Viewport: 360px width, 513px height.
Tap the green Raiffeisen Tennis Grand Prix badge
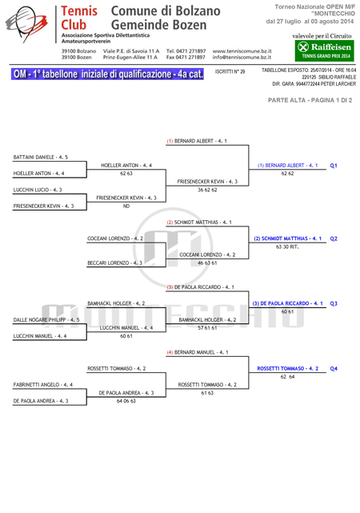[x=324, y=50]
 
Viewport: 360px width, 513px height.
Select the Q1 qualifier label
[x=334, y=166]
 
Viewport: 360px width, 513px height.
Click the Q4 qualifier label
[x=334, y=369]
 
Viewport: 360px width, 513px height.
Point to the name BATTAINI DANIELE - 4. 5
[x=41, y=158]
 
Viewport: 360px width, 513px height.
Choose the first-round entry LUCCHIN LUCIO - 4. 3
[x=38, y=190]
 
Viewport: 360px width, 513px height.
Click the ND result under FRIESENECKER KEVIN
[x=126, y=206]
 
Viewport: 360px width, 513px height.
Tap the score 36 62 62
[x=207, y=190]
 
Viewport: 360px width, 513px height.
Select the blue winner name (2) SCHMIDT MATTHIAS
[x=288, y=238]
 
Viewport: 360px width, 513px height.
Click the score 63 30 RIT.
[x=287, y=246]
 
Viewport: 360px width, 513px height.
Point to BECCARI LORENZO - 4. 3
[x=114, y=263]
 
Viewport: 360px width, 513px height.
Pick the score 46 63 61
[x=207, y=263]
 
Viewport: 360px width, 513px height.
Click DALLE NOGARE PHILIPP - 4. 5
[x=46, y=319]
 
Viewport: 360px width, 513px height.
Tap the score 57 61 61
[x=207, y=328]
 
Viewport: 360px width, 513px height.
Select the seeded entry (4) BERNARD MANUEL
[x=198, y=352]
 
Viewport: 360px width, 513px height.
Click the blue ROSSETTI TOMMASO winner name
[x=288, y=369]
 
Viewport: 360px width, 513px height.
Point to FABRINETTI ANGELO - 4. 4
[x=43, y=385]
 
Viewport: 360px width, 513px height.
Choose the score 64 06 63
[x=126, y=401]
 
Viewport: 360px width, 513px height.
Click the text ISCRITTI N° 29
[x=230, y=72]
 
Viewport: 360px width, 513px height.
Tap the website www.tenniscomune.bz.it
[x=242, y=51]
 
